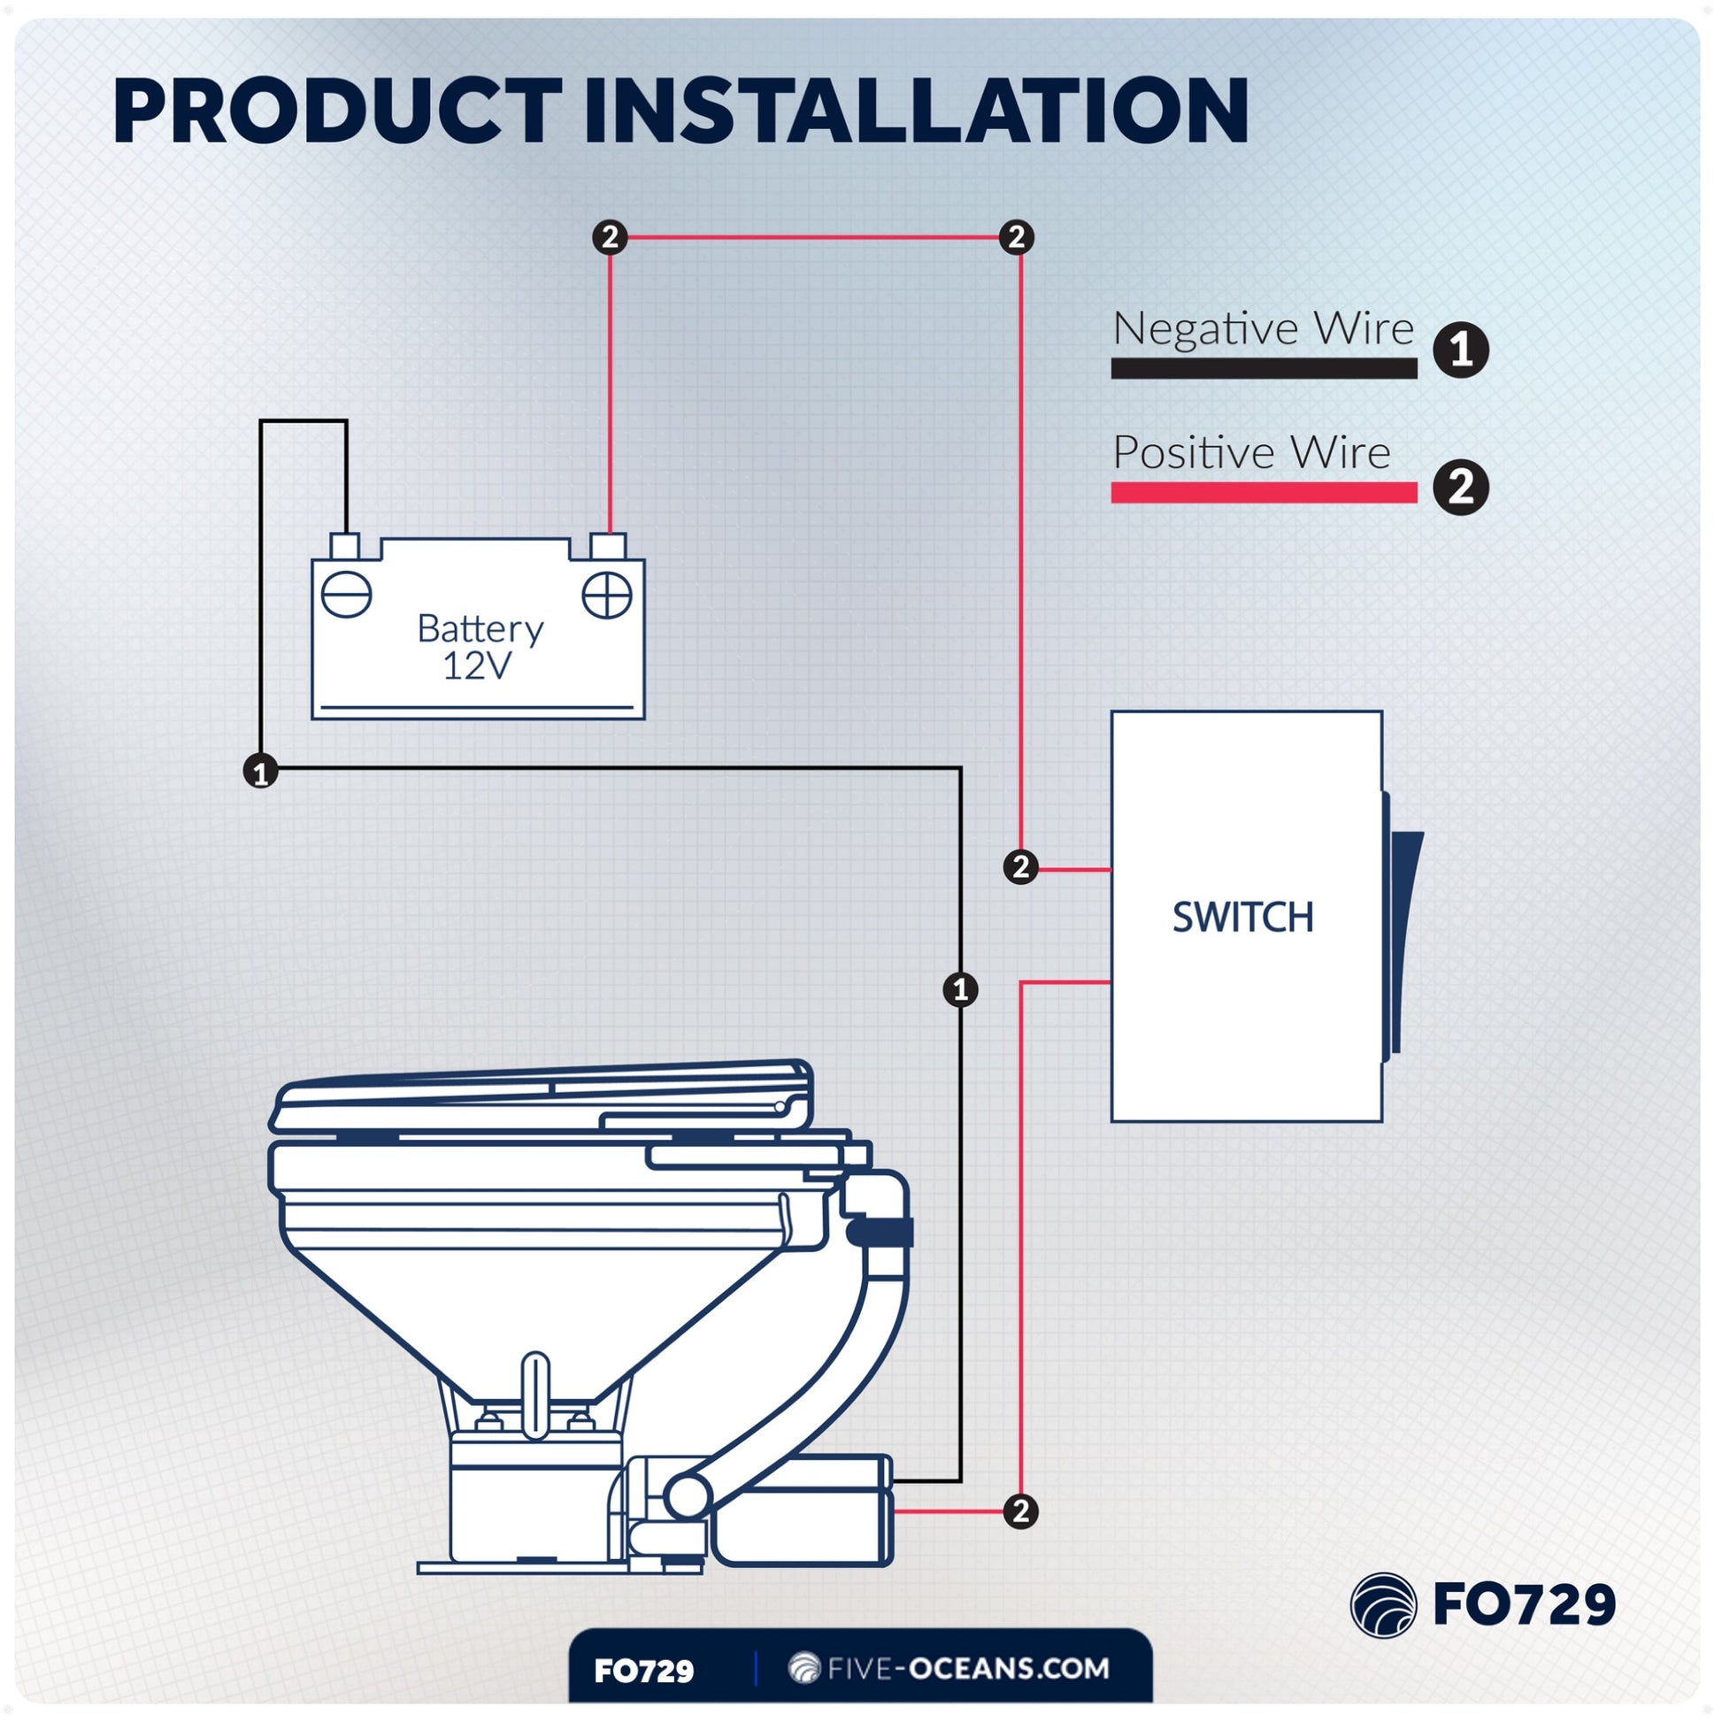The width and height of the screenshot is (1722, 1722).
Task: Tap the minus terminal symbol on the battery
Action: click(346, 594)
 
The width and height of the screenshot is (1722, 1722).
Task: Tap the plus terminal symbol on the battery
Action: click(607, 595)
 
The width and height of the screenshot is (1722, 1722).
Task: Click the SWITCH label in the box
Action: click(1242, 917)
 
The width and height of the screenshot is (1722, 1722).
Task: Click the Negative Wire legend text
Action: click(1262, 328)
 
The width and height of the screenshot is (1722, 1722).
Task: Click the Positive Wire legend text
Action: click(1250, 453)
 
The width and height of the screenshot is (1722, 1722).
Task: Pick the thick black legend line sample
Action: click(1263, 368)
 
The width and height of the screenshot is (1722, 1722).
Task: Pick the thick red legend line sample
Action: click(1263, 492)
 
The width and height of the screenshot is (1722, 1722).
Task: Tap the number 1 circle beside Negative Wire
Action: click(1460, 350)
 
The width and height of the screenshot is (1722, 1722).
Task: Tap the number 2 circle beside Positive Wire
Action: click(1460, 487)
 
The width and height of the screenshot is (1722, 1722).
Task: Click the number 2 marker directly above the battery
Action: click(610, 237)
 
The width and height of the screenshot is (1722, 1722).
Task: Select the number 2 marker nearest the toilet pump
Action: click(1020, 1511)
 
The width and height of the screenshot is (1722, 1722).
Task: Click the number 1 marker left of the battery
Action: click(260, 771)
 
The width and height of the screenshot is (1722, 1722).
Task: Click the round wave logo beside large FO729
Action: click(1383, 1605)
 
